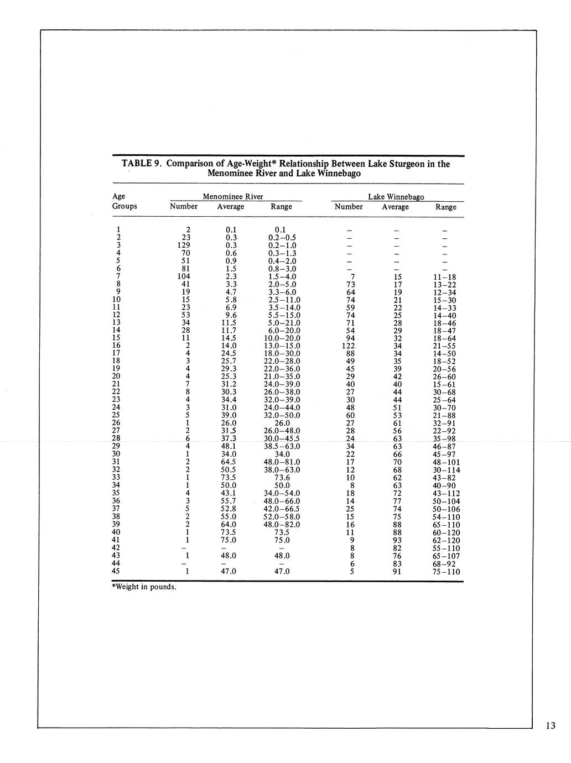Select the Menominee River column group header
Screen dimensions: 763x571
233,196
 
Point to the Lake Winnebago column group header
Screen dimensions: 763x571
396,197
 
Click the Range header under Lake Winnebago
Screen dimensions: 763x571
446,207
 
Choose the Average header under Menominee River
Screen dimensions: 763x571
231,206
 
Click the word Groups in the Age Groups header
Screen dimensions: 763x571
124,206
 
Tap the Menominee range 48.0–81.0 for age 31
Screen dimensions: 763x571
282,462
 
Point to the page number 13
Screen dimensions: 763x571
550,726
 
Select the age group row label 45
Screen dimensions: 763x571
116,571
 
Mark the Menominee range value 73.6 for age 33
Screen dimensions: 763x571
282,478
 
